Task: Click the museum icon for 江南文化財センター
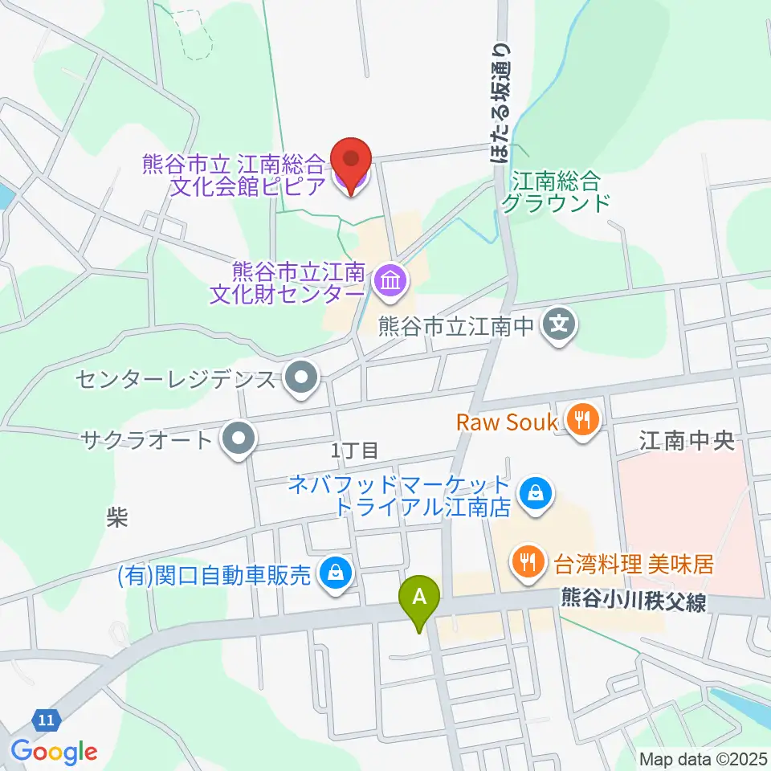[391, 281]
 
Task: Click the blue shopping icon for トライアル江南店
[534, 493]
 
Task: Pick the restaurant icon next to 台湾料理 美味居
[528, 561]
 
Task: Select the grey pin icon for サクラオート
[238, 440]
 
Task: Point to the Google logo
[54, 752]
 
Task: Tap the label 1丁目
[355, 451]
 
